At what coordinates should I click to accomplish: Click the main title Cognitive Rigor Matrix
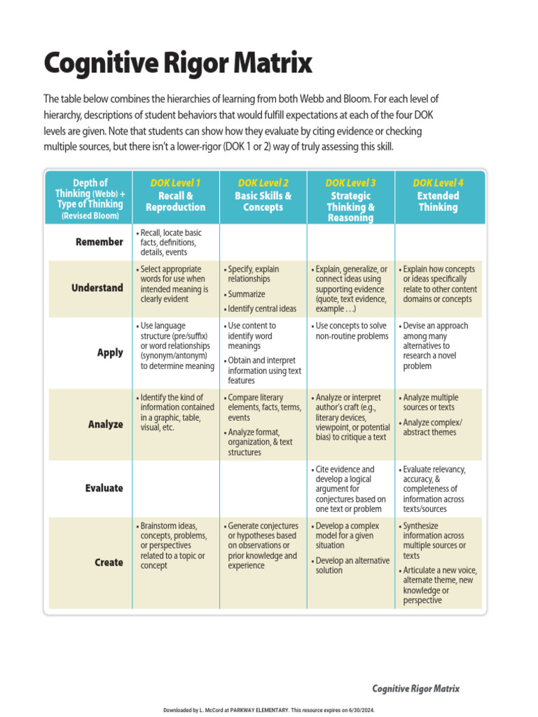[x=178, y=64]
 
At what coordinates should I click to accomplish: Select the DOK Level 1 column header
[x=175, y=183]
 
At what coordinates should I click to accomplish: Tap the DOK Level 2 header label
[x=263, y=183]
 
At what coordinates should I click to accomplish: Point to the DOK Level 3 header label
[x=350, y=183]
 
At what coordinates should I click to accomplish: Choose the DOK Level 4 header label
[x=438, y=183]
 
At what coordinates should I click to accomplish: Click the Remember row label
[x=99, y=242]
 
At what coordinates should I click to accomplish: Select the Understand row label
[x=97, y=288]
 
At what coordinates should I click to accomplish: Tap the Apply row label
[x=110, y=353]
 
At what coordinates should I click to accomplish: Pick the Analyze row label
[x=105, y=424]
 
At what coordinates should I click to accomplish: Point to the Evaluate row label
[x=104, y=488]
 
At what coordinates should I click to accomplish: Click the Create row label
[x=109, y=562]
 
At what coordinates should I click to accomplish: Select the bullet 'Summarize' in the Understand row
[x=247, y=295]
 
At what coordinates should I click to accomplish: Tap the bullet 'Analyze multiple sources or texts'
[x=430, y=402]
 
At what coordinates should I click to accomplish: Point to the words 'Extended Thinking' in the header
[x=438, y=202]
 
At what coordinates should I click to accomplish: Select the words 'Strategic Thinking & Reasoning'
[x=350, y=207]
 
